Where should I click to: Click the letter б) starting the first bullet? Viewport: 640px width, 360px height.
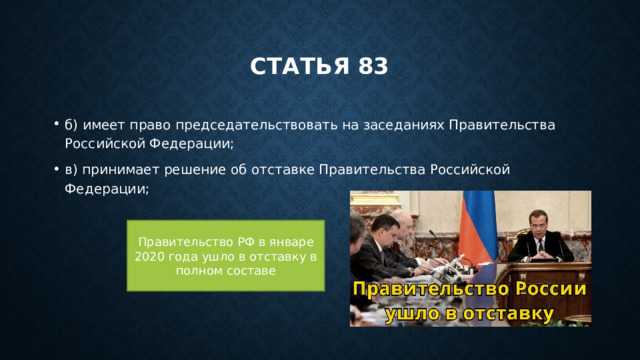click(x=72, y=125)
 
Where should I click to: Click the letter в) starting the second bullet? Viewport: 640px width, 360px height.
click(x=72, y=169)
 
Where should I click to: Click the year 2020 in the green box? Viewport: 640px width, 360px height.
click(x=150, y=257)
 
